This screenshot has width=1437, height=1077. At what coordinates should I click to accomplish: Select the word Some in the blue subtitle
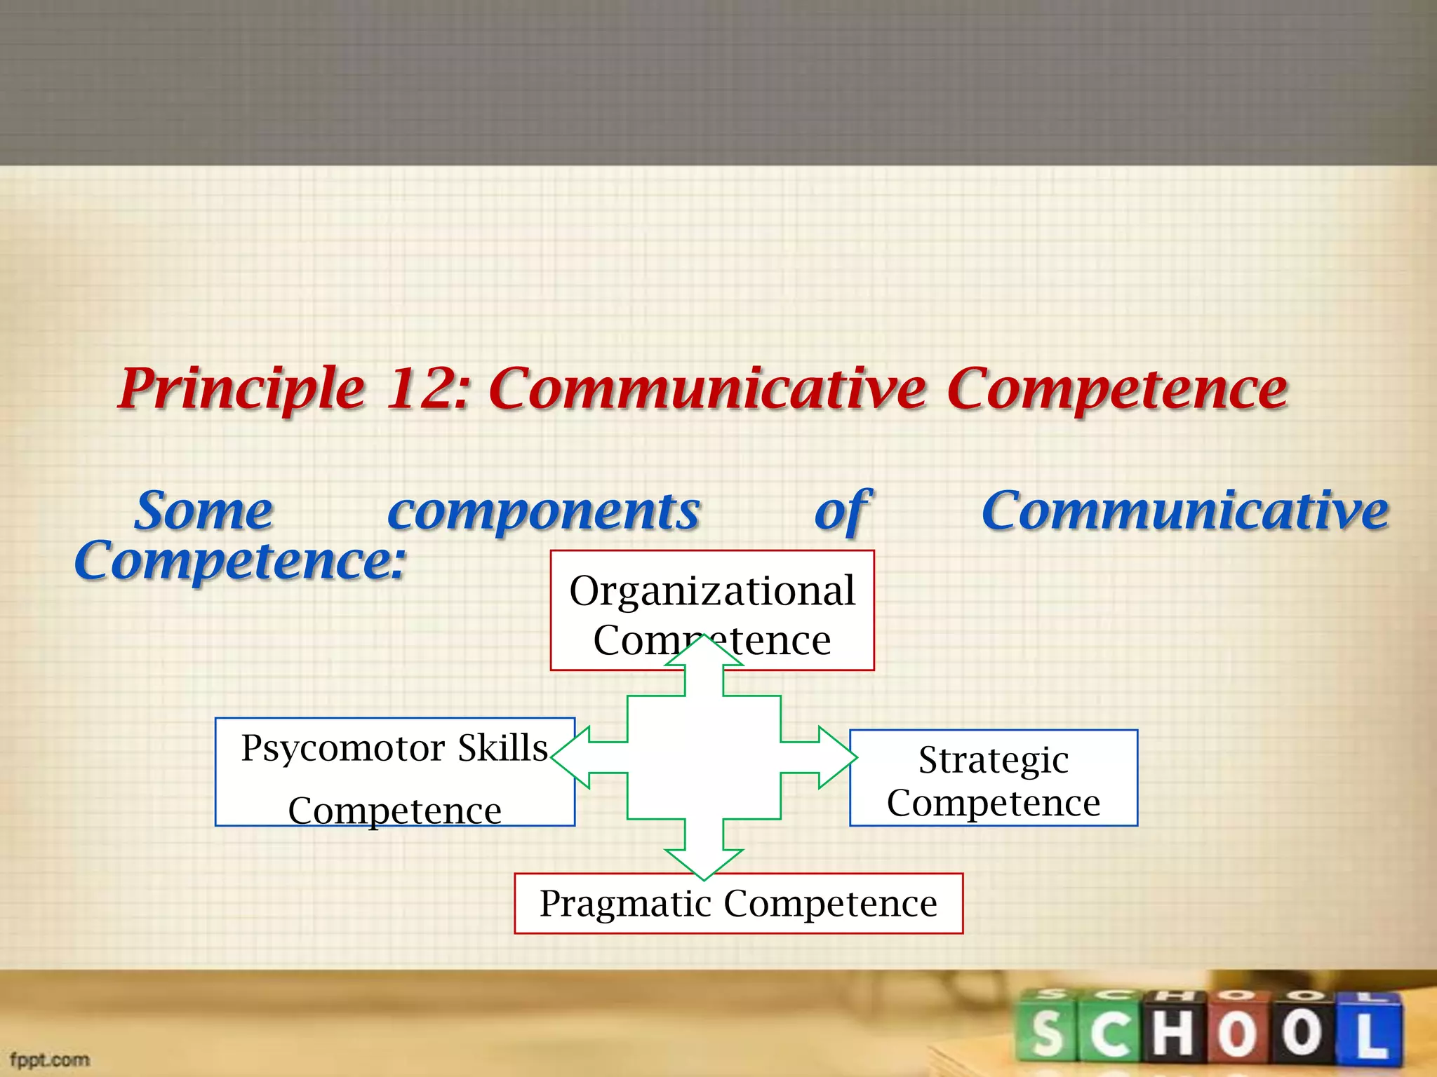[x=203, y=512]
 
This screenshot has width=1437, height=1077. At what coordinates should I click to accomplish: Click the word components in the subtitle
[x=544, y=512]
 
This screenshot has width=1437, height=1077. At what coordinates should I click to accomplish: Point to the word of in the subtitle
[x=842, y=512]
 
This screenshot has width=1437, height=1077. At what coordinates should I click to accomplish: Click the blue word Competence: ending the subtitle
[x=240, y=561]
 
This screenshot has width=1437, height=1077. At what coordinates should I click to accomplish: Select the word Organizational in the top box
[x=712, y=590]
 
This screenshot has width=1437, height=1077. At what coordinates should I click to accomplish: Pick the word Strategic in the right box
[x=994, y=760]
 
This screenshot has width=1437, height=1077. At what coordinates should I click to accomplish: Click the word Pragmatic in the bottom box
[x=625, y=903]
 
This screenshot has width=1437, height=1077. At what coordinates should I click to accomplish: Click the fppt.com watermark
[x=50, y=1059]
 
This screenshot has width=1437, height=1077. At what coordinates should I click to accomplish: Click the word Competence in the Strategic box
[x=994, y=804]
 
